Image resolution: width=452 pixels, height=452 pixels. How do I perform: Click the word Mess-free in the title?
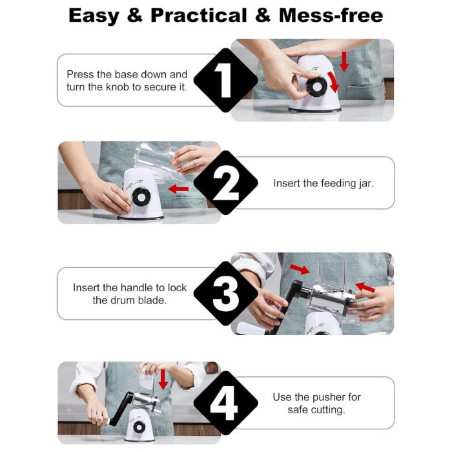[331, 15]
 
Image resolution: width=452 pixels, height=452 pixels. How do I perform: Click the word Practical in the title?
[199, 15]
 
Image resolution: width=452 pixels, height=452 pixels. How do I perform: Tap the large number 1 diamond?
[225, 80]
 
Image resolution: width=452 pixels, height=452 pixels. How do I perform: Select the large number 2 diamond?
[225, 183]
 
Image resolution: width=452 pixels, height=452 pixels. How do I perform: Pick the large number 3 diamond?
[225, 293]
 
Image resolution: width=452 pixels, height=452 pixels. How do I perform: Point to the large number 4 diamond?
[225, 403]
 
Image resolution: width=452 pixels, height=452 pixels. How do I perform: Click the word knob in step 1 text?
[117, 87]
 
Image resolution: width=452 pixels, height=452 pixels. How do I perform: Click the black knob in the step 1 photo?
[316, 87]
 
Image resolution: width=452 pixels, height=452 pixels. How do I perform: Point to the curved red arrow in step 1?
[334, 82]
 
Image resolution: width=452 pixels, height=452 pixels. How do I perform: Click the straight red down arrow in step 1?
[344, 62]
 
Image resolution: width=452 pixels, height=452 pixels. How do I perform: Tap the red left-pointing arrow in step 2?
[178, 189]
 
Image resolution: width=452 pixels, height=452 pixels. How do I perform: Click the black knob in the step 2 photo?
[141, 197]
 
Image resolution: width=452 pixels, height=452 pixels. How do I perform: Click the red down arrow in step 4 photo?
[163, 380]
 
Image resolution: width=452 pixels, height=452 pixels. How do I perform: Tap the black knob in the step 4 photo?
[139, 427]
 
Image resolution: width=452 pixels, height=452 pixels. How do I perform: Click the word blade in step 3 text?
[152, 300]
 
